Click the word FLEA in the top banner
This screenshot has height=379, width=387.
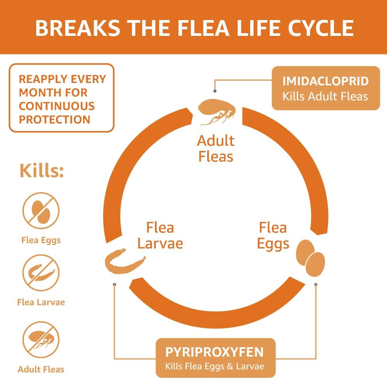(204, 28)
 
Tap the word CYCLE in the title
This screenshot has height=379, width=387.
(321, 28)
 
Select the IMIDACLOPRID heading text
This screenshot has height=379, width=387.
(326, 81)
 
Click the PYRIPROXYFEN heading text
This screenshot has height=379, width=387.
(215, 352)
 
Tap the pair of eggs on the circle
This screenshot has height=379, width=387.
(310, 258)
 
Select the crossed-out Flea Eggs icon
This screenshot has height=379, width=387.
(41, 211)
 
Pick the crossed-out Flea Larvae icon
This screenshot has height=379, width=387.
(41, 273)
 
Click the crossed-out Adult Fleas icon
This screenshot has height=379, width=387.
(41, 340)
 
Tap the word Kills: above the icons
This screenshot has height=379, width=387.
(42, 170)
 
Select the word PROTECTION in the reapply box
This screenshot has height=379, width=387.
(55, 120)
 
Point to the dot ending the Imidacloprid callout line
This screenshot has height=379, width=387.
(215, 91)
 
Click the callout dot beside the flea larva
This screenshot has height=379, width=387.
(114, 284)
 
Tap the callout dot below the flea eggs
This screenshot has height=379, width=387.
(316, 284)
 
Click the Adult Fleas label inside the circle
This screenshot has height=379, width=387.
(216, 149)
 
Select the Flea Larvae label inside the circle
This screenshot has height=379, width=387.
(160, 235)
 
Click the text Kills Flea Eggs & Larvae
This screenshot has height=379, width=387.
(215, 366)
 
